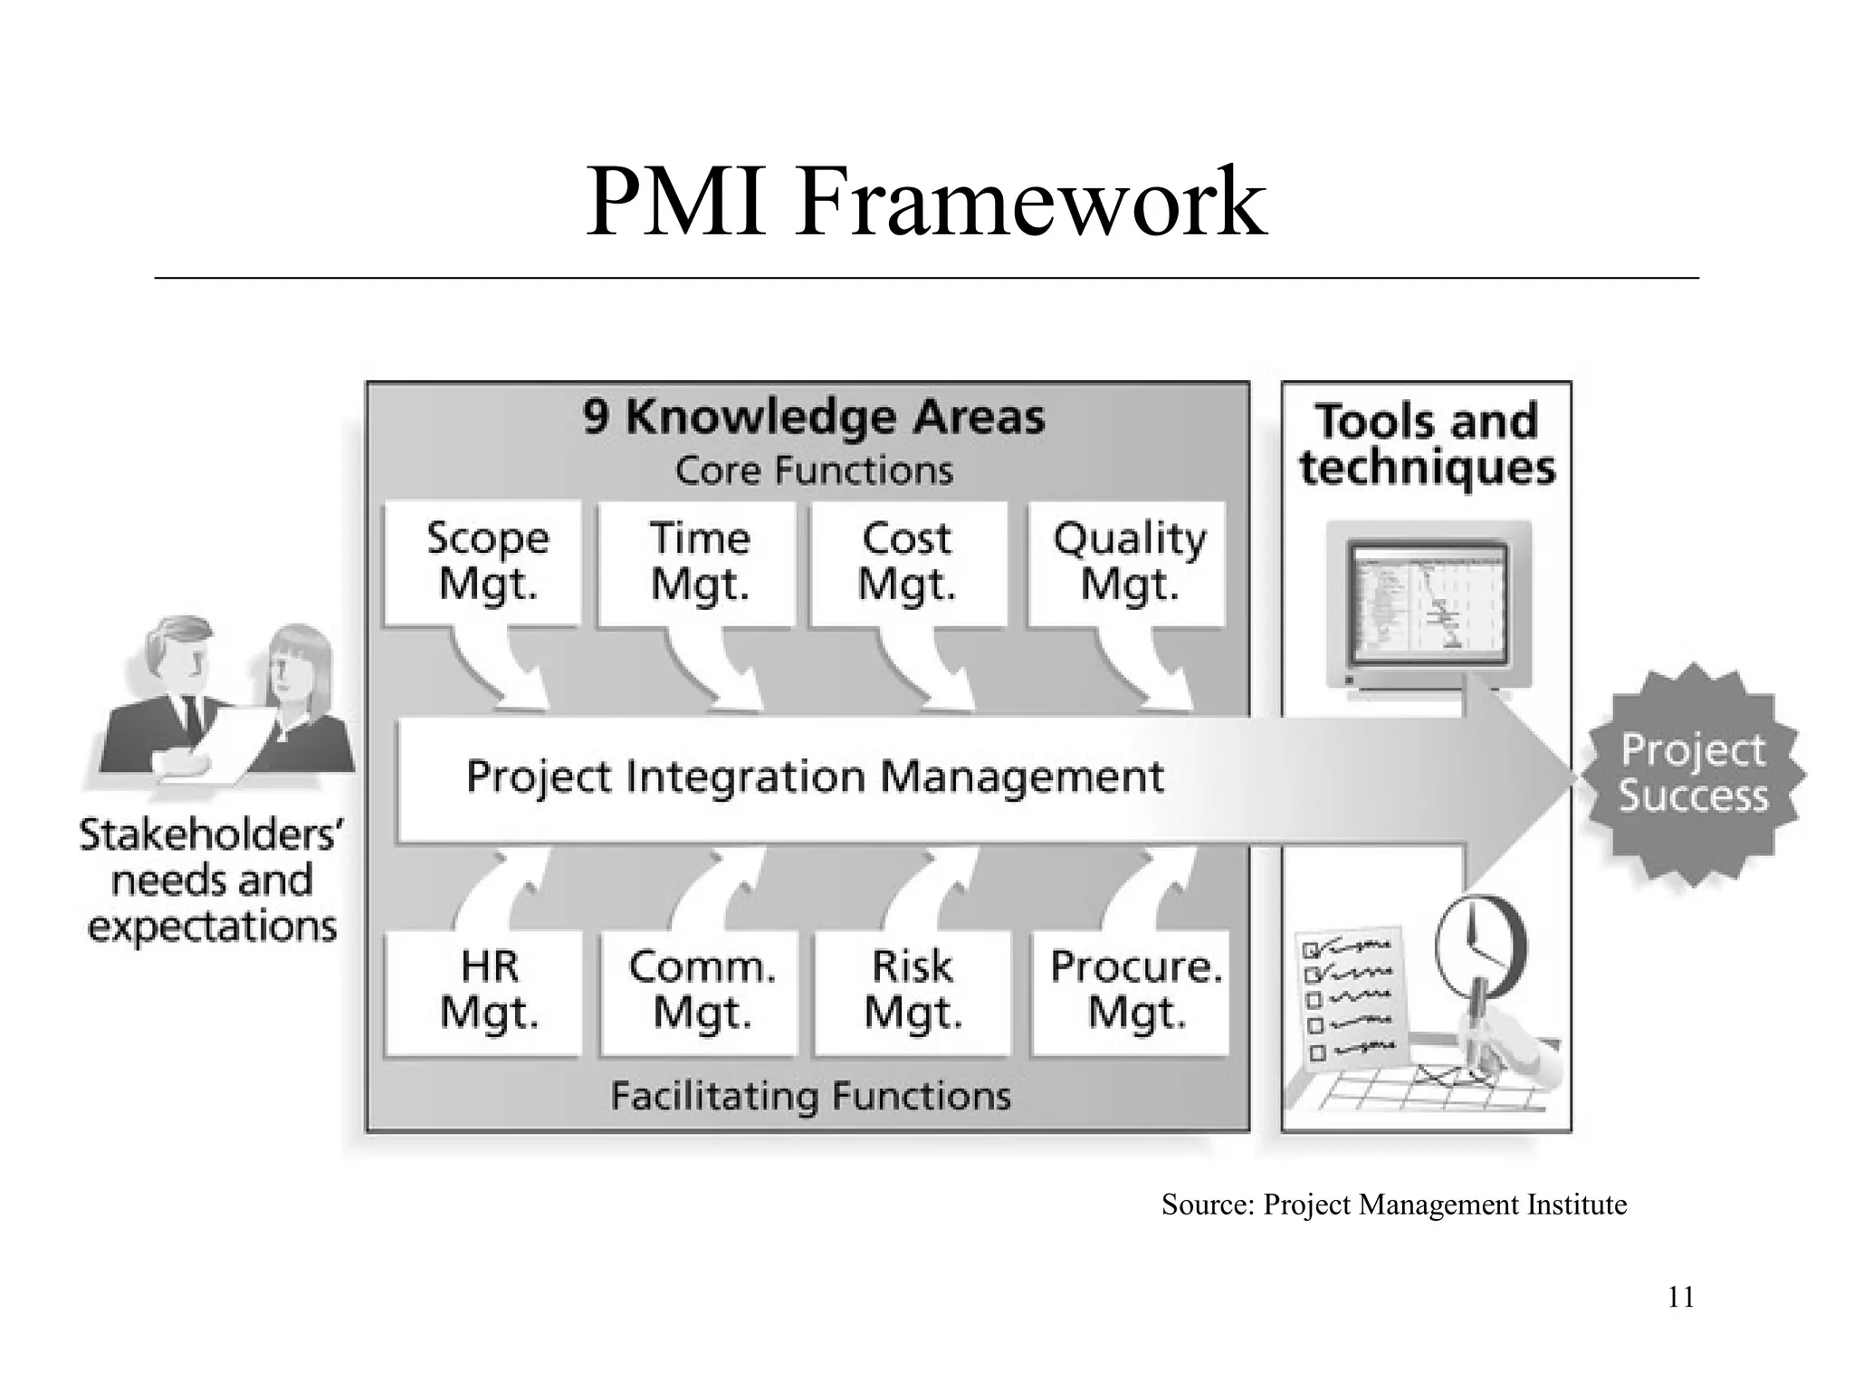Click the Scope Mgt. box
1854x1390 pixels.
tap(483, 562)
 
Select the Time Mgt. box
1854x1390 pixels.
tap(698, 562)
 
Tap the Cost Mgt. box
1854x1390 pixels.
tap(909, 562)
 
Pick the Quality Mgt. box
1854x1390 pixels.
tap(1128, 562)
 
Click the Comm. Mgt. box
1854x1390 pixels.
tap(700, 991)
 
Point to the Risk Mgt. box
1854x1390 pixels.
tap(913, 991)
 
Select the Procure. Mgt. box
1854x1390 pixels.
tap(1132, 991)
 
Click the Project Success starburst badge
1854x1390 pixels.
tap(1692, 775)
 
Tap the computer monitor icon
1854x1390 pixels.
tap(1429, 604)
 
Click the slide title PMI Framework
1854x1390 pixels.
tap(925, 202)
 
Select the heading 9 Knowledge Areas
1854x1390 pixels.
tap(813, 418)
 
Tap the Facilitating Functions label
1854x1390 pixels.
tap(810, 1096)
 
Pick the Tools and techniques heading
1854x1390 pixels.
tap(1427, 444)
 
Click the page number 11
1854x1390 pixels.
tap(1680, 1298)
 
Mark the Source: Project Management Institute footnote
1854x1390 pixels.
tap(1393, 1205)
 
